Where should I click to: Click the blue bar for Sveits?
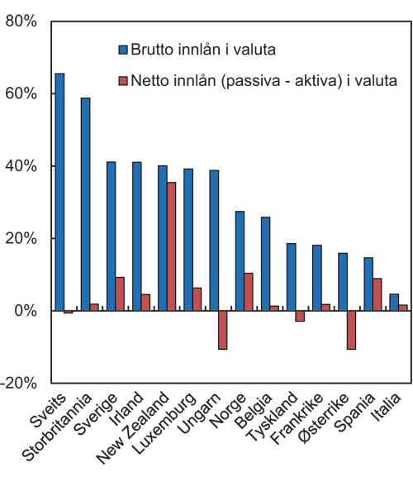coord(59,192)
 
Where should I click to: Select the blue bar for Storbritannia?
coord(85,204)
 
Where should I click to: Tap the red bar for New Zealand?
coord(171,246)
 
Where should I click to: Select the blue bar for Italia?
coord(393,303)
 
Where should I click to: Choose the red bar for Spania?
coord(377,294)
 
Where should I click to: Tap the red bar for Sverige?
coord(120,293)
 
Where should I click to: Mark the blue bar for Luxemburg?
coord(188,240)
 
